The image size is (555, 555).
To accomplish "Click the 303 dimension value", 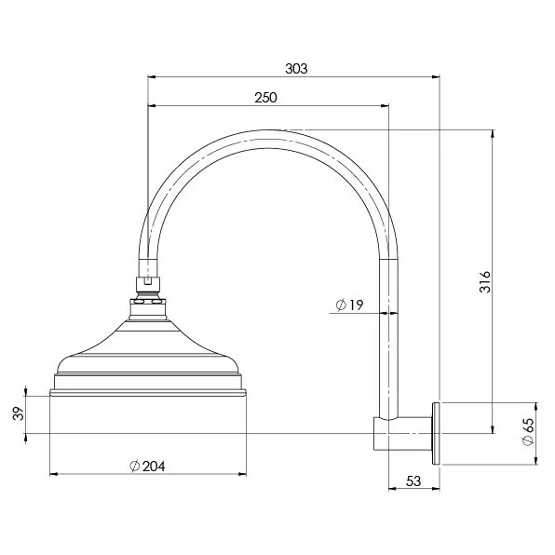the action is [x=296, y=69].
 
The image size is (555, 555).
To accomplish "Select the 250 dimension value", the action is [x=265, y=98].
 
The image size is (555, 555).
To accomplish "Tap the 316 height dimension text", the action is [x=485, y=282].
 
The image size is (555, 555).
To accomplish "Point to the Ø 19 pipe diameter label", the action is [x=349, y=305].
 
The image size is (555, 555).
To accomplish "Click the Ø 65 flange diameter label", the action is [x=527, y=432].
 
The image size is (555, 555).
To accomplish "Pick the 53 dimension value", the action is [x=413, y=481].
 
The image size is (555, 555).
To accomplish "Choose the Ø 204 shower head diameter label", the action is [x=147, y=467].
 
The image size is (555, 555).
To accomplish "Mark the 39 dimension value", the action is [x=19, y=413].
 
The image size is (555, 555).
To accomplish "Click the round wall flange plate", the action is [x=436, y=433].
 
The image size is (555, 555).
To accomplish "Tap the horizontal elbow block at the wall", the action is [x=403, y=434].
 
